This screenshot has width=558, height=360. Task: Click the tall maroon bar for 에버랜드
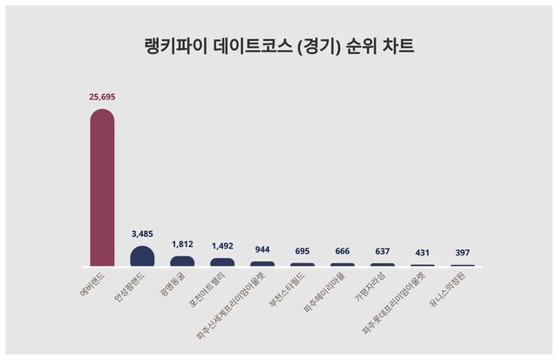click(x=102, y=187)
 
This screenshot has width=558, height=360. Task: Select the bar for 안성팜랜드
click(x=142, y=256)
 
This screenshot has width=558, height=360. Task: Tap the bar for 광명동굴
click(x=182, y=261)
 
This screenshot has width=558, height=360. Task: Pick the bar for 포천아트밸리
click(x=222, y=262)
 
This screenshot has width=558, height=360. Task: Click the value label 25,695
click(x=102, y=98)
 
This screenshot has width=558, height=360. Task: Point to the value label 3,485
click(x=142, y=234)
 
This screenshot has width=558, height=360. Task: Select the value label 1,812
click(x=182, y=244)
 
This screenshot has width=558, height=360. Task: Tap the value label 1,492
click(x=222, y=246)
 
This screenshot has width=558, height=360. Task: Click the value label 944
click(x=262, y=249)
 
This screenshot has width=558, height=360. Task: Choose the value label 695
click(x=303, y=251)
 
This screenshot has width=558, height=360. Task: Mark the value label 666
click(x=343, y=251)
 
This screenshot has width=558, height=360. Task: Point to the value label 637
click(x=383, y=251)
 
